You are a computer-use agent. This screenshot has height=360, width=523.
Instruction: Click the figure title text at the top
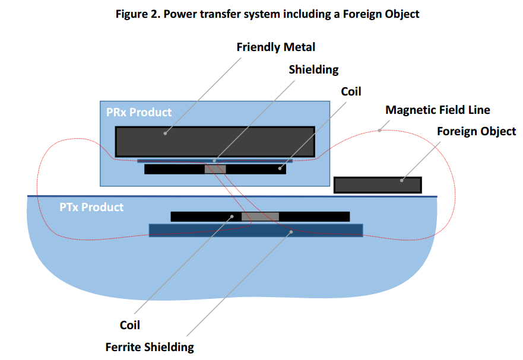(x=267, y=14)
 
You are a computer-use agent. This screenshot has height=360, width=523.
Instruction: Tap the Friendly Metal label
(x=276, y=47)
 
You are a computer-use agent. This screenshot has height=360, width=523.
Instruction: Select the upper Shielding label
(x=313, y=69)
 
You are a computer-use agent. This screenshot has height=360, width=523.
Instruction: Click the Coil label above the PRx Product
(x=351, y=91)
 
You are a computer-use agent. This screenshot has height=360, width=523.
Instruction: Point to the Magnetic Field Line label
(x=438, y=110)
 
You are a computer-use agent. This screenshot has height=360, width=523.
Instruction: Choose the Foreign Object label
(x=476, y=131)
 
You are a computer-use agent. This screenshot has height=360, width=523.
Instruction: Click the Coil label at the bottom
(x=130, y=325)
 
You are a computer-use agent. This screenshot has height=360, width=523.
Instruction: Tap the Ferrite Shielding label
(x=150, y=348)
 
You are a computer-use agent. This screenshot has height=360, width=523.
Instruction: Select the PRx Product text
(x=139, y=112)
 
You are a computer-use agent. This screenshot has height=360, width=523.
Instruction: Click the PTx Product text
(x=91, y=208)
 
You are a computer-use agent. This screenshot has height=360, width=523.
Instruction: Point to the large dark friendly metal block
(x=215, y=142)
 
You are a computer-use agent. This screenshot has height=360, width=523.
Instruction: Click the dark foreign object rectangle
(x=378, y=185)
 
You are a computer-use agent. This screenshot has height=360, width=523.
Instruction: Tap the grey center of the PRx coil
(x=215, y=169)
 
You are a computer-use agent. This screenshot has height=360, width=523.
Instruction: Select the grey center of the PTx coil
(x=260, y=216)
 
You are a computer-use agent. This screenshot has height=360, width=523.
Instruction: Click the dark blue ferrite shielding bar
(x=256, y=230)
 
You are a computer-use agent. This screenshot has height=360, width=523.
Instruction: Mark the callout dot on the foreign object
(x=401, y=180)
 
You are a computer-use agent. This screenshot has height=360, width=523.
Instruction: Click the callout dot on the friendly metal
(x=165, y=133)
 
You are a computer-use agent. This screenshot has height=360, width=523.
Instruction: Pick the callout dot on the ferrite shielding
(x=291, y=232)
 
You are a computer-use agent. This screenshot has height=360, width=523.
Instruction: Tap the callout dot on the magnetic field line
(x=379, y=130)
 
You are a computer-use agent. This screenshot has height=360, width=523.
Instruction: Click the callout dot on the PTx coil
(x=232, y=216)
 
